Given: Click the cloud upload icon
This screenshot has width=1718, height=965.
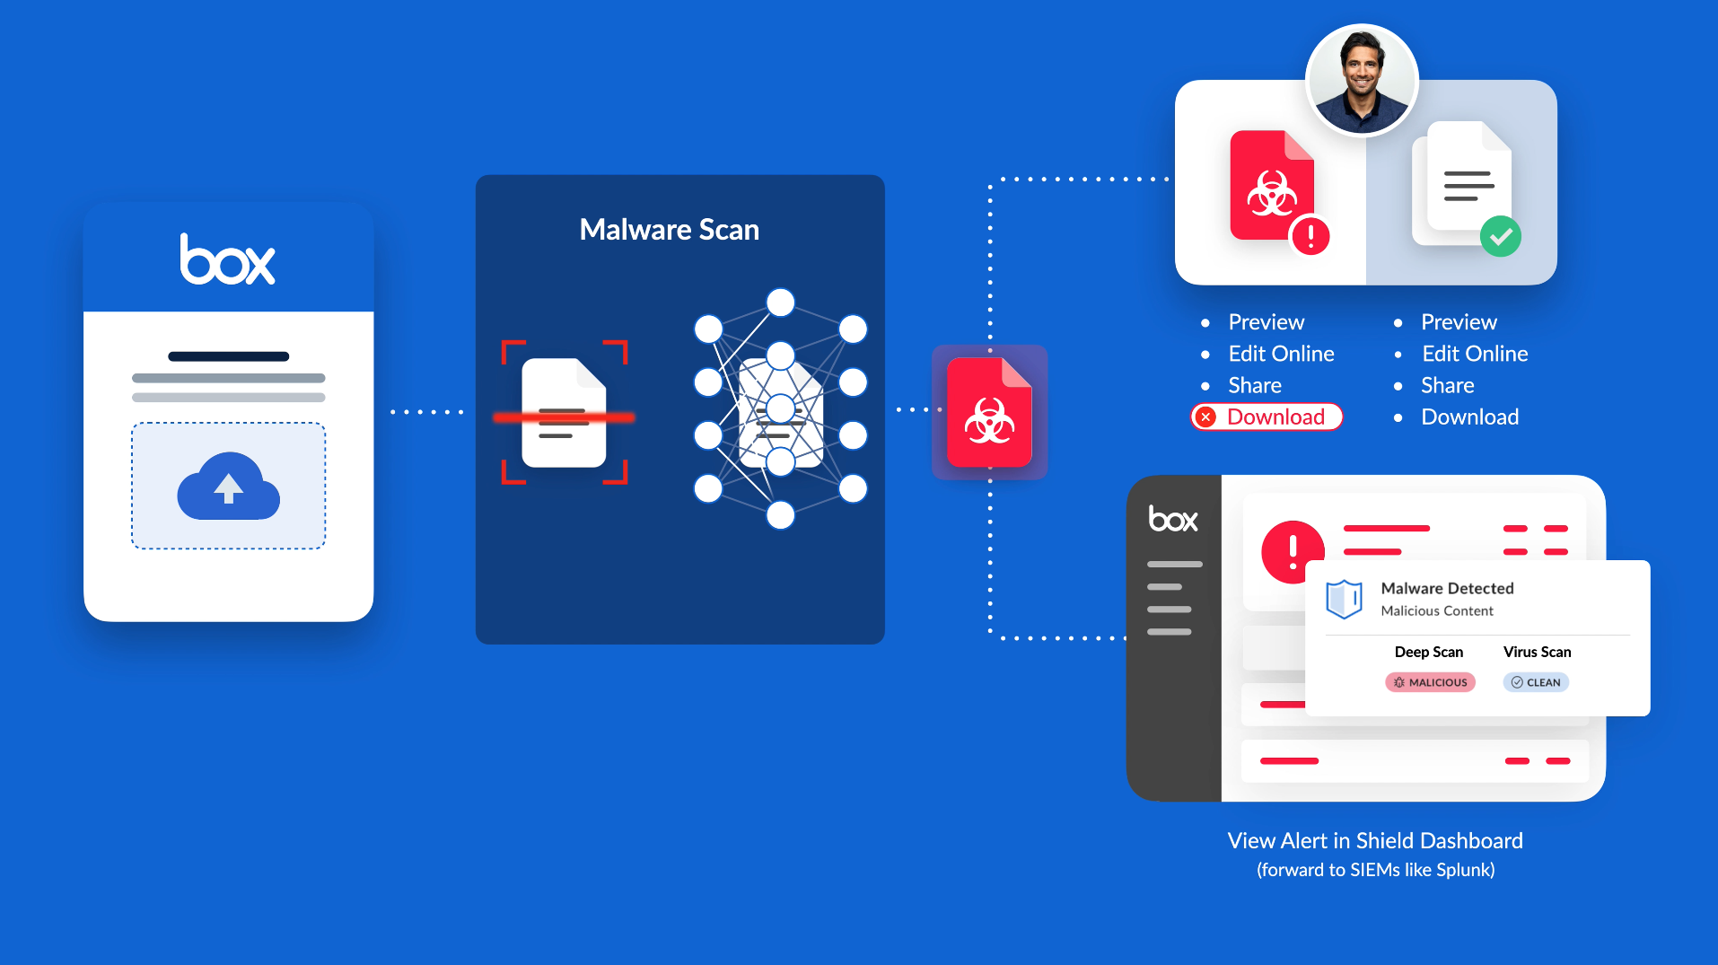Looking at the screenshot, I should (x=228, y=487).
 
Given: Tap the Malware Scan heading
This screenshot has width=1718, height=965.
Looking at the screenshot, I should (x=670, y=230).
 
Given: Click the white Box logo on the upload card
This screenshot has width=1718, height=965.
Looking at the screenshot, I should (x=228, y=260).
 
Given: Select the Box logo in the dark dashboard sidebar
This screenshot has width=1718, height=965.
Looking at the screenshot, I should (x=1173, y=520).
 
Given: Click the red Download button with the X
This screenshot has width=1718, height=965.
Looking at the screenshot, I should (x=1267, y=417).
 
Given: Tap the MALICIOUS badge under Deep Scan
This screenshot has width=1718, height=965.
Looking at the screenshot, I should (x=1430, y=682).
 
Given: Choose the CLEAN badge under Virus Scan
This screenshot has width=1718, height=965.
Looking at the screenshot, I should (x=1536, y=682).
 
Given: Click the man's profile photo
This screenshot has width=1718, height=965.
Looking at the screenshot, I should (x=1362, y=81).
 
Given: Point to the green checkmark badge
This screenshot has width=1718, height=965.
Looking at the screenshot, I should (x=1501, y=237).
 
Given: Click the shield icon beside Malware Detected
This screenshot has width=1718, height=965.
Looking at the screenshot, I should (x=1344, y=599).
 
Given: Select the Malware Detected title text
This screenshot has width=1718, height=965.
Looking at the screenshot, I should (x=1447, y=588).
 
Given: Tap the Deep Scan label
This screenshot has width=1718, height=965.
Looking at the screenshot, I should (x=1428, y=652).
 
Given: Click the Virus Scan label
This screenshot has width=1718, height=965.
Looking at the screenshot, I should (x=1537, y=652).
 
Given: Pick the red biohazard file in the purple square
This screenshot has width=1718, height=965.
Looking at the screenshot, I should (x=989, y=413).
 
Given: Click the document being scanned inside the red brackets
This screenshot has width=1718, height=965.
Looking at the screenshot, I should (x=564, y=413).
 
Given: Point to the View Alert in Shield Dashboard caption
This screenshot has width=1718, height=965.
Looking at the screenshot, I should (x=1375, y=841).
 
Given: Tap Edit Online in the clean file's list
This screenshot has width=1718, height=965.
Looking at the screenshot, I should (x=1475, y=354).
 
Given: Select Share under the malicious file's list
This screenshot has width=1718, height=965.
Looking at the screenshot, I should (x=1255, y=385).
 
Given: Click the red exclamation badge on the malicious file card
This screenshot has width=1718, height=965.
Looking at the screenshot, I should (x=1310, y=236).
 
